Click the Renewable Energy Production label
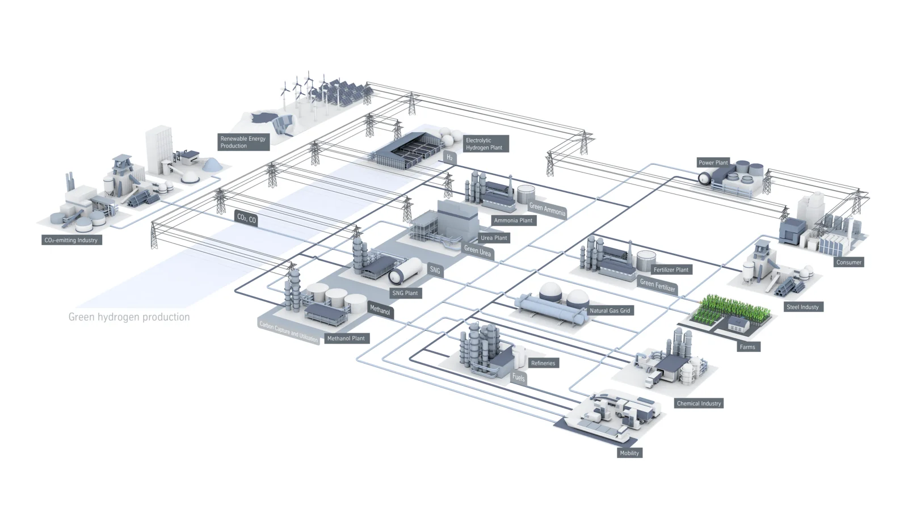pyautogui.click(x=243, y=142)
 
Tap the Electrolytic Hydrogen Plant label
pyautogui.click(x=484, y=144)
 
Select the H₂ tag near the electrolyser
pyautogui.click(x=449, y=157)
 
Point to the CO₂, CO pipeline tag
pyautogui.click(x=246, y=218)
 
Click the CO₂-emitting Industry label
pyautogui.click(x=71, y=240)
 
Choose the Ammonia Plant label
pyautogui.click(x=513, y=220)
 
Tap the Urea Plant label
pyautogui.click(x=494, y=238)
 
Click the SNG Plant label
pyautogui.click(x=405, y=293)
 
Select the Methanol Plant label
pyautogui.click(x=346, y=338)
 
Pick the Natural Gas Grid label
pyautogui.click(x=609, y=310)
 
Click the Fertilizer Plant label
pyautogui.click(x=671, y=270)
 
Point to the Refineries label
pyautogui.click(x=543, y=363)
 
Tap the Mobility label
pyautogui.click(x=629, y=453)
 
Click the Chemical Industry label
pyautogui.click(x=699, y=403)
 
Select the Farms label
pyautogui.click(x=747, y=347)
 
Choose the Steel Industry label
pyautogui.click(x=802, y=307)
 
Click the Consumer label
pyautogui.click(x=848, y=262)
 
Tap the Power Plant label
pyautogui.click(x=713, y=162)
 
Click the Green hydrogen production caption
pyautogui.click(x=129, y=317)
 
